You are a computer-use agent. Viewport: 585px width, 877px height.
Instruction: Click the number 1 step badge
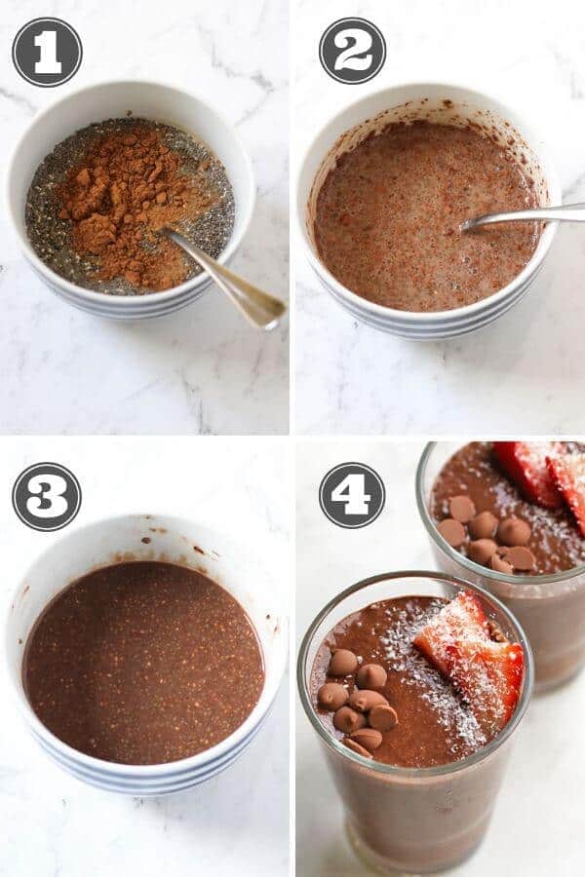coord(47,52)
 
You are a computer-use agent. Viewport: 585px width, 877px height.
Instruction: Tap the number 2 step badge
coord(352,51)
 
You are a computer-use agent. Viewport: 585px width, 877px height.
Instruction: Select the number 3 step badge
coord(47,496)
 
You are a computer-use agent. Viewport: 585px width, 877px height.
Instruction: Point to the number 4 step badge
coord(352,495)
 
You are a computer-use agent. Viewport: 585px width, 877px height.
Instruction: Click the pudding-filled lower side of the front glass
coord(419,819)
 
